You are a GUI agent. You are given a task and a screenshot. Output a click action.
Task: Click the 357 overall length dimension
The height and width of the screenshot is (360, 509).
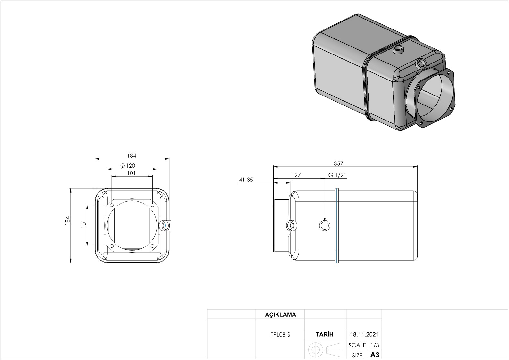(338, 163)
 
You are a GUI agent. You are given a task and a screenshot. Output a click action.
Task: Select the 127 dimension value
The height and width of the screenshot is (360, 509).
(296, 175)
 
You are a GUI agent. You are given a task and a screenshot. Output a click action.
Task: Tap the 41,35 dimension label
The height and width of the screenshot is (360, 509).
(246, 180)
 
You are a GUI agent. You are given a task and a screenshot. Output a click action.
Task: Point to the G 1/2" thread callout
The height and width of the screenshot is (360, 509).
(337, 175)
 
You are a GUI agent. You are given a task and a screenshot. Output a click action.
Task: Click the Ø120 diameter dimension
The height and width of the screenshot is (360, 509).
(128, 166)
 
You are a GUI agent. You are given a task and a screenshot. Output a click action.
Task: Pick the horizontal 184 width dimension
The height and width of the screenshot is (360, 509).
(131, 155)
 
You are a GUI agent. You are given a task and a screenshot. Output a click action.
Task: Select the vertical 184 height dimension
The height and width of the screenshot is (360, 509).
(67, 221)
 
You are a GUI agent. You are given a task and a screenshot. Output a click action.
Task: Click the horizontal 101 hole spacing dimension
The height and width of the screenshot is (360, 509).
(131, 173)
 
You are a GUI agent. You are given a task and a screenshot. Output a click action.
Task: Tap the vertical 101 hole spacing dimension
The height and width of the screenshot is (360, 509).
(84, 224)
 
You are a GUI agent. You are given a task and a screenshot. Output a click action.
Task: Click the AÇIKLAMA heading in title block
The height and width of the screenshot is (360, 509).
(280, 314)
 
